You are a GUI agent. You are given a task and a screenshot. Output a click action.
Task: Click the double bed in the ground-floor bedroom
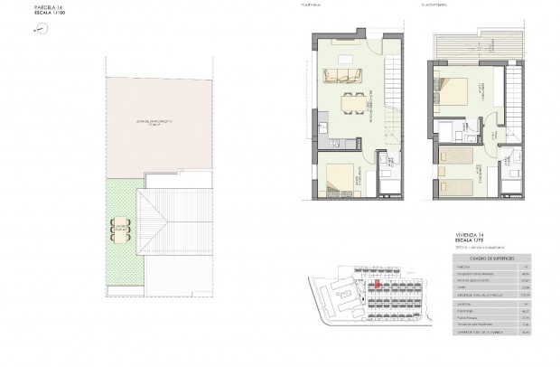tap(340, 181)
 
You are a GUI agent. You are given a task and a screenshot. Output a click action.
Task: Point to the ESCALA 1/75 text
tap(471, 240)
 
